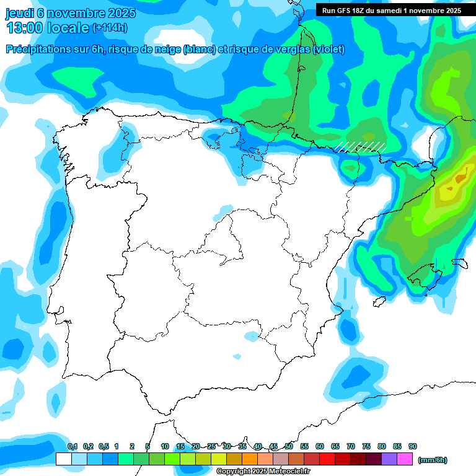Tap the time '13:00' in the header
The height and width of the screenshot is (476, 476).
pos(25,28)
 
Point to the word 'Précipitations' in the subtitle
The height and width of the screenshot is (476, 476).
pos(40,50)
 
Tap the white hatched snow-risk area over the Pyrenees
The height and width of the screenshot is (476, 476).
pos(361,146)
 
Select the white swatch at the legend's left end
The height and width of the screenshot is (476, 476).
pos(63,459)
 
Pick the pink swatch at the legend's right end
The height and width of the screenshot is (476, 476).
pos(405,459)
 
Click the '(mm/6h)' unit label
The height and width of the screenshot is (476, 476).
pos(432,460)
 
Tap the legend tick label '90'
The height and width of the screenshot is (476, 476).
pos(413,446)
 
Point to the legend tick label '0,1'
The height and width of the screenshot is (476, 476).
pos(73,446)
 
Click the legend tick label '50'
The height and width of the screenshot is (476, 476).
pos(289,446)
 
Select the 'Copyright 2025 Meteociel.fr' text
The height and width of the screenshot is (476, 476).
pos(263,472)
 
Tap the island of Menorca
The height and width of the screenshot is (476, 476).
pos(459,263)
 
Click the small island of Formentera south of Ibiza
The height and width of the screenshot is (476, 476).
pos(377,302)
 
